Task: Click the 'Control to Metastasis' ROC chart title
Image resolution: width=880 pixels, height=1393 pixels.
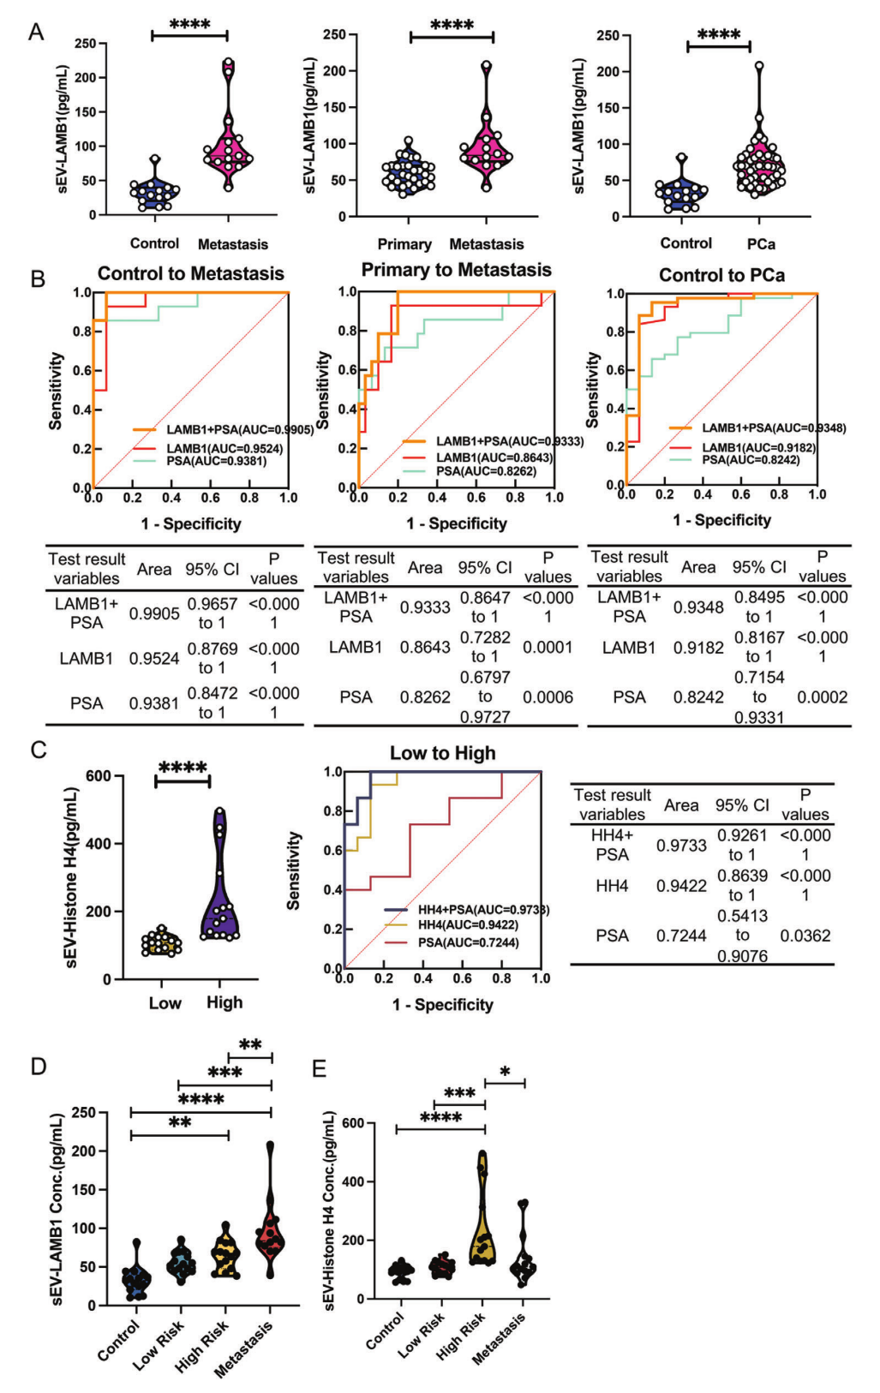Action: click(x=191, y=273)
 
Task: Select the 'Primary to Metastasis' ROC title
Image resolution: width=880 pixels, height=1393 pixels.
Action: click(x=457, y=270)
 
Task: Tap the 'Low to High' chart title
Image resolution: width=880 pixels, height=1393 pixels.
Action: click(x=443, y=753)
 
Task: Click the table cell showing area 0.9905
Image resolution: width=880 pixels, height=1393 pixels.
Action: click(x=154, y=613)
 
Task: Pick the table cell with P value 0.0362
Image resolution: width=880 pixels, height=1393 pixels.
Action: click(x=805, y=936)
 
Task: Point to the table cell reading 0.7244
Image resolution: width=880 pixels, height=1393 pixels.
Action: click(x=681, y=936)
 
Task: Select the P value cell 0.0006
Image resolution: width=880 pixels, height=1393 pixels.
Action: click(x=548, y=697)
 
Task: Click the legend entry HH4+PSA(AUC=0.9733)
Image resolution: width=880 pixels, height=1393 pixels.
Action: click(x=466, y=910)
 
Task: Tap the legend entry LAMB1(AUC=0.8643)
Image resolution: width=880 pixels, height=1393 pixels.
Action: click(x=477, y=457)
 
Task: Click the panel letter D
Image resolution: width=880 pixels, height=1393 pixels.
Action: click(x=39, y=1067)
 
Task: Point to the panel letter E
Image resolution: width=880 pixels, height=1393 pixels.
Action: click(x=319, y=1068)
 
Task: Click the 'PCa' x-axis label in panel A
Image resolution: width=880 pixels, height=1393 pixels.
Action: click(x=761, y=244)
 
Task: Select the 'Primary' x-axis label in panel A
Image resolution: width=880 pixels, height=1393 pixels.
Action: click(x=404, y=244)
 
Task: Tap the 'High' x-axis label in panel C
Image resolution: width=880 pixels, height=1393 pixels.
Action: click(x=224, y=1002)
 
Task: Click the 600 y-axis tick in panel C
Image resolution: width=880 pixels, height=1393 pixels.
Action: click(x=99, y=776)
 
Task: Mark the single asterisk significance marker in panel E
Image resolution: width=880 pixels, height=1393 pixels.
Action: click(x=505, y=1072)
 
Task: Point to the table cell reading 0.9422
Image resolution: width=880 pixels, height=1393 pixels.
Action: click(x=681, y=886)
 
